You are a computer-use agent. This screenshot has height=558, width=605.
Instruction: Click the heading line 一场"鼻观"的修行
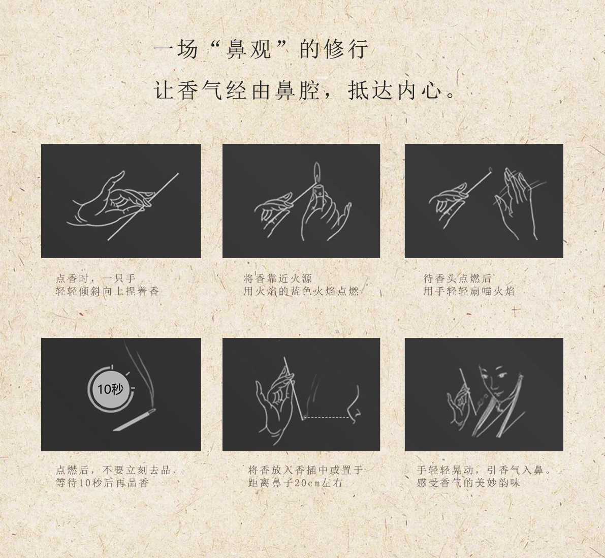[261, 49]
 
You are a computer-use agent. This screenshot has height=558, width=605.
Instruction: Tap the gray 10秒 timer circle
[111, 389]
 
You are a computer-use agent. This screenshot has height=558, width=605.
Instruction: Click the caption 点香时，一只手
[95, 278]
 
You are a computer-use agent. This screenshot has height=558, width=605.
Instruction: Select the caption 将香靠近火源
[277, 278]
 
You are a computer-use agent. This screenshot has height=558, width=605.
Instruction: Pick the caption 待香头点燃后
[457, 278]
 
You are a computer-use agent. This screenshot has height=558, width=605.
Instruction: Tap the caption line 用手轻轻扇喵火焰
[469, 291]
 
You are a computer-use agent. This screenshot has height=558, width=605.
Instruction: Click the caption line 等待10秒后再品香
[102, 483]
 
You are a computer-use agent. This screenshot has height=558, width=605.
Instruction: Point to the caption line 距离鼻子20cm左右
[295, 483]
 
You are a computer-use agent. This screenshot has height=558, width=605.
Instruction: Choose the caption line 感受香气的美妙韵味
[468, 483]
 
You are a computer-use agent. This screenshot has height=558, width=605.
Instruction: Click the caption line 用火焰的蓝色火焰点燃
[301, 291]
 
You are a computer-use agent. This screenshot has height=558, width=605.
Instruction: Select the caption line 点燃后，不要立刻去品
[113, 470]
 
